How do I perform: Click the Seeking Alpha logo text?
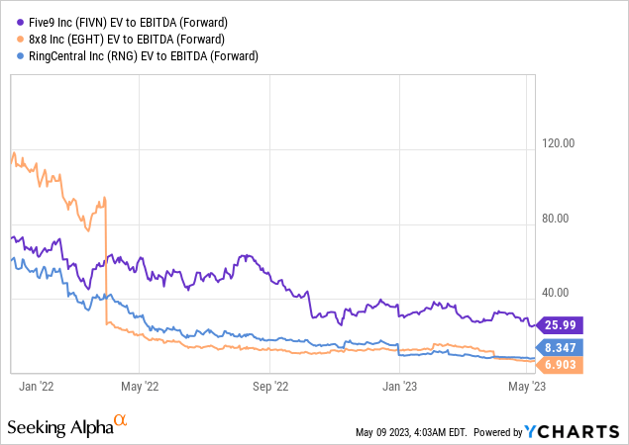coord(58,426)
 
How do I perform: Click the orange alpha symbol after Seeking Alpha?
coord(121,422)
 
